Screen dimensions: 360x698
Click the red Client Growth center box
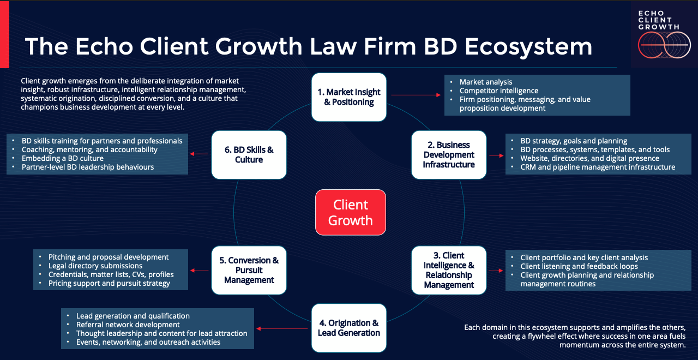(x=350, y=213)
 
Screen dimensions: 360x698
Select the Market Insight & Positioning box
(x=349, y=97)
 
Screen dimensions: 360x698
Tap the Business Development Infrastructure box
(x=449, y=155)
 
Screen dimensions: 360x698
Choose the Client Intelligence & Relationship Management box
(x=449, y=270)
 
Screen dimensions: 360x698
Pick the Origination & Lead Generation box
(x=349, y=328)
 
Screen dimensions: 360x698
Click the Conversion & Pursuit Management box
(x=249, y=270)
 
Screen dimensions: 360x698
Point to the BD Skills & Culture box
(x=249, y=155)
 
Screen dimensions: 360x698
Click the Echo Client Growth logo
(x=659, y=33)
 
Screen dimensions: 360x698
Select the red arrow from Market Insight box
(x=416, y=95)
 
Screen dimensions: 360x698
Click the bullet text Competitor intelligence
(x=498, y=91)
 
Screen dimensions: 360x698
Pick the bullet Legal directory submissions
(x=95, y=266)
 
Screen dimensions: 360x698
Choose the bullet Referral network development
(x=128, y=325)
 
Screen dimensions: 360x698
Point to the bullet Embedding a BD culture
(x=62, y=158)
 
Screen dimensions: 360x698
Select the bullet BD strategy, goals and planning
(x=574, y=141)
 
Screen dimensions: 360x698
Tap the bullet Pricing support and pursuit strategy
(x=109, y=284)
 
